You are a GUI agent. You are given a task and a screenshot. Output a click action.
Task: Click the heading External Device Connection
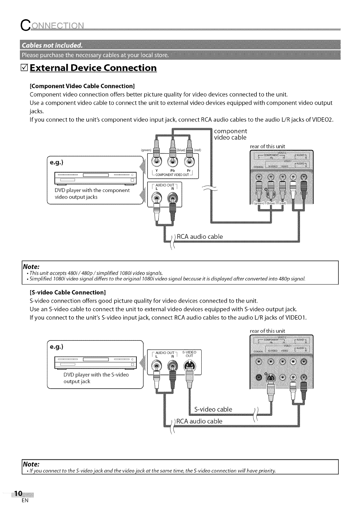click(x=93, y=68)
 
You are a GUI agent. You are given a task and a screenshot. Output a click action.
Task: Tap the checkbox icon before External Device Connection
click(x=24, y=68)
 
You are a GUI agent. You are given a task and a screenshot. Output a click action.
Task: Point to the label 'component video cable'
click(x=230, y=134)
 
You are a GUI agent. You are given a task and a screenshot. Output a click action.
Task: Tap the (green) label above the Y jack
click(x=145, y=150)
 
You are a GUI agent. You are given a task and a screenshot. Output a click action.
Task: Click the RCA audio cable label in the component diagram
click(x=200, y=237)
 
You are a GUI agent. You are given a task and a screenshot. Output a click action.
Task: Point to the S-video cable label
click(x=213, y=409)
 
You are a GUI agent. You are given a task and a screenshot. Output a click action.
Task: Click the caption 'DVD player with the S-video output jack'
click(x=96, y=378)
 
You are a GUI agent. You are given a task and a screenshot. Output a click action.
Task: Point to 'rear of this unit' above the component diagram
click(x=268, y=146)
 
